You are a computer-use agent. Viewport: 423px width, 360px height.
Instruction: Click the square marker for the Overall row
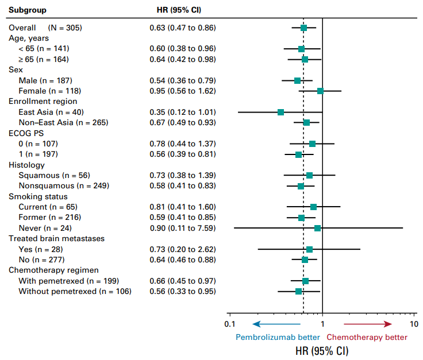click(x=303, y=28)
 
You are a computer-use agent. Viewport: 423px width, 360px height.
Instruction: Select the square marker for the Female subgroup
click(x=320, y=91)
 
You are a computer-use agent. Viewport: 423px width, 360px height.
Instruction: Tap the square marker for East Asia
click(x=280, y=112)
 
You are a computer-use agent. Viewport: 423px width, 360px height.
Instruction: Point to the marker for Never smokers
click(x=317, y=228)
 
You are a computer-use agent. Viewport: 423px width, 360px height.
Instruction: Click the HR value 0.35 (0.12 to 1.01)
click(x=182, y=112)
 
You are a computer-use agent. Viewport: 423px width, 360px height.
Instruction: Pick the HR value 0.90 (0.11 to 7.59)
click(x=182, y=228)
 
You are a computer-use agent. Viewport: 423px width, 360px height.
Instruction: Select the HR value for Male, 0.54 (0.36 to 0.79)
click(x=182, y=80)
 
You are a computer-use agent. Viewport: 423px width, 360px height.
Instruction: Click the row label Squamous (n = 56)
click(x=54, y=175)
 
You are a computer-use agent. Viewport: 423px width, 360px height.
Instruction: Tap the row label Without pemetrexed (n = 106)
click(x=75, y=292)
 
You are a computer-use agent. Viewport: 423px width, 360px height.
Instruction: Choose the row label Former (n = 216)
click(x=49, y=218)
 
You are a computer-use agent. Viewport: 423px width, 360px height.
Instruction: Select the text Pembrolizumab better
click(x=278, y=338)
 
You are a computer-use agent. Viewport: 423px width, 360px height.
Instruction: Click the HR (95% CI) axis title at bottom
click(x=322, y=351)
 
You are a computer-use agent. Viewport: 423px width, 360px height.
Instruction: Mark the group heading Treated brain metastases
click(x=56, y=238)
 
